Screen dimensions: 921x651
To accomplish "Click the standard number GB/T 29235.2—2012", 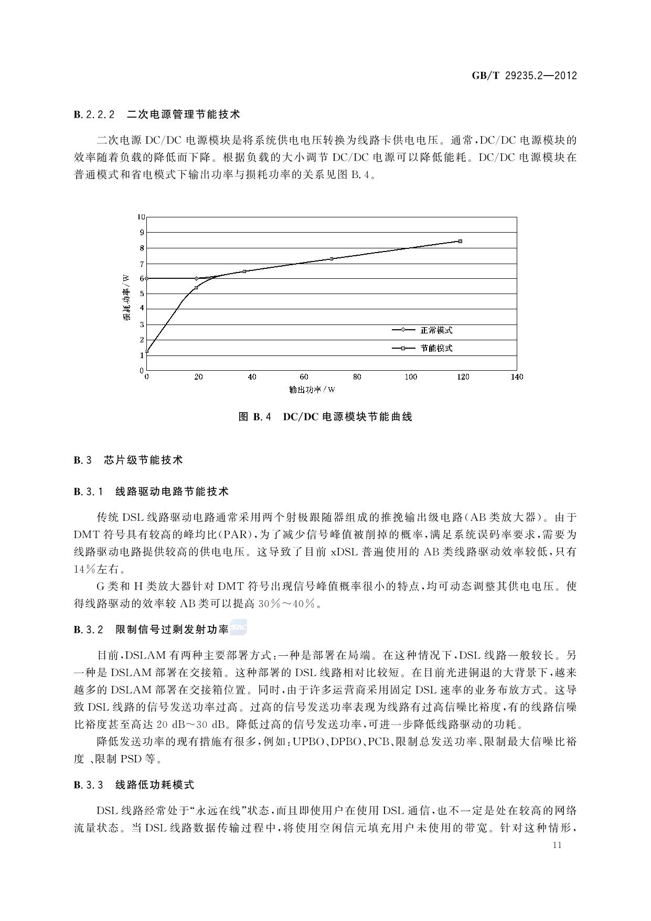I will point(524,76).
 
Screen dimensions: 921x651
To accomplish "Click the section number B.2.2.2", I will point(94,114).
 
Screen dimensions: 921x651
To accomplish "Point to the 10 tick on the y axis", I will point(141,217).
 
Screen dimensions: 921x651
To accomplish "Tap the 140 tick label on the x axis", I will point(517,377).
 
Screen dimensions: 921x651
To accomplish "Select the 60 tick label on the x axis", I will point(304,377).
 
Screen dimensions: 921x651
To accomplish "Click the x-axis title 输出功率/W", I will point(312,390).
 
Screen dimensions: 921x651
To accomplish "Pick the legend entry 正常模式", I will point(436,330).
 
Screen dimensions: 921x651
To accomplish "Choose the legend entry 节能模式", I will point(436,348).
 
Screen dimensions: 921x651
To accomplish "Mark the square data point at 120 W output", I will point(460,241).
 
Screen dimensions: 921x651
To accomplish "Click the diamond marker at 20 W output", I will point(197,278).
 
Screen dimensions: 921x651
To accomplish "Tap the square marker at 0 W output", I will point(147,352).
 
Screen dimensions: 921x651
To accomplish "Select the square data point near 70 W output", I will point(332,259).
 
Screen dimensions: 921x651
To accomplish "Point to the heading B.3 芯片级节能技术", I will point(129,460).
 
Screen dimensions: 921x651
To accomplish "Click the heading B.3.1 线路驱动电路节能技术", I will point(152,492).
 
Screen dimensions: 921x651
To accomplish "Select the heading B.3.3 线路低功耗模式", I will point(134,785).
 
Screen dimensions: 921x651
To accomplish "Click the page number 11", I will point(557,845).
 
